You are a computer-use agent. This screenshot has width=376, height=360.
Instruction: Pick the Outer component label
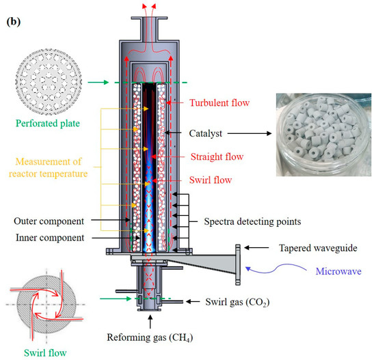point(49,221)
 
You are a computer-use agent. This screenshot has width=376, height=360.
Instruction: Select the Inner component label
point(49,237)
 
